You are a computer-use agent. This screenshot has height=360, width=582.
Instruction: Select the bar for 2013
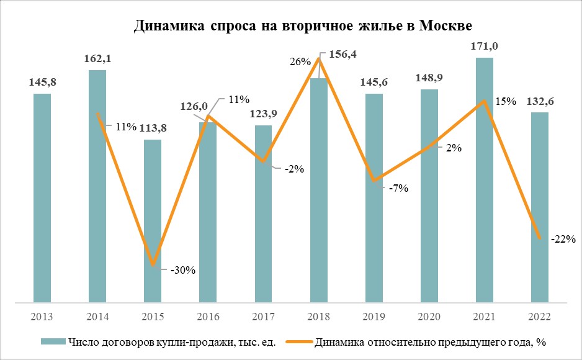click(42, 199)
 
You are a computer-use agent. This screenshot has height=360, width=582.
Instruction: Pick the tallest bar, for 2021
click(485, 180)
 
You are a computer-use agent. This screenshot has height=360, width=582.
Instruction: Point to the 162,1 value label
click(97, 60)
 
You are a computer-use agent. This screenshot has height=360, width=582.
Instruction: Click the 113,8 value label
click(153, 128)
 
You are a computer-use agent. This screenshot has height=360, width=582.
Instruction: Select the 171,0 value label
click(485, 47)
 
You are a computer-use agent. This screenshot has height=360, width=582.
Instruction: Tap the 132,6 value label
click(540, 102)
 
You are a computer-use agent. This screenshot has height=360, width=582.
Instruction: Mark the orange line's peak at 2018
click(319, 58)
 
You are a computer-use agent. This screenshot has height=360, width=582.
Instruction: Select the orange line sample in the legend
click(299, 342)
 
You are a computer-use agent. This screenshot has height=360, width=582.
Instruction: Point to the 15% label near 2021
click(506, 101)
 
